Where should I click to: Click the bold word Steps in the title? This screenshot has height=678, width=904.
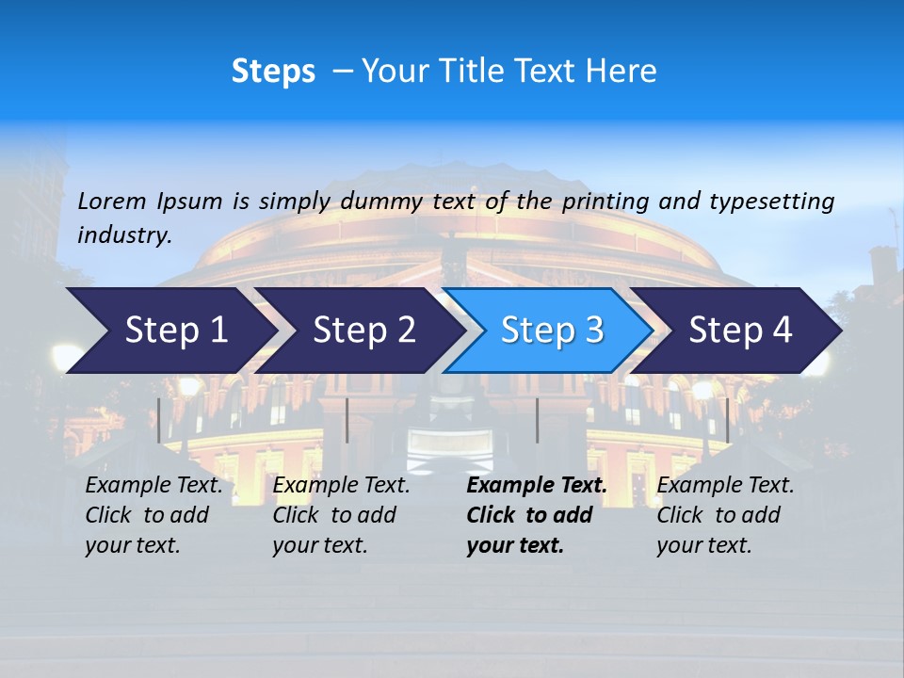click(x=273, y=72)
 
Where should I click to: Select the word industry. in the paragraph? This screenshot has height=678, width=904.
click(x=124, y=235)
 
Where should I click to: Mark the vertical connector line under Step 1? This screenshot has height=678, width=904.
click(x=159, y=420)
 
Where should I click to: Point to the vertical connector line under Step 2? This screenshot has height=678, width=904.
click(x=347, y=420)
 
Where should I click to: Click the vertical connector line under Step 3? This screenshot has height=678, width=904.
click(x=537, y=420)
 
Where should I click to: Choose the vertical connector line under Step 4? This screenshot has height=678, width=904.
click(x=727, y=420)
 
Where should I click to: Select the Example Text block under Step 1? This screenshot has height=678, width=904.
click(x=153, y=515)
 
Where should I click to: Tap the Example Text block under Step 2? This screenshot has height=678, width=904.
click(x=341, y=515)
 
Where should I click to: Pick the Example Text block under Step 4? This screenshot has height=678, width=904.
click(x=725, y=515)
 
